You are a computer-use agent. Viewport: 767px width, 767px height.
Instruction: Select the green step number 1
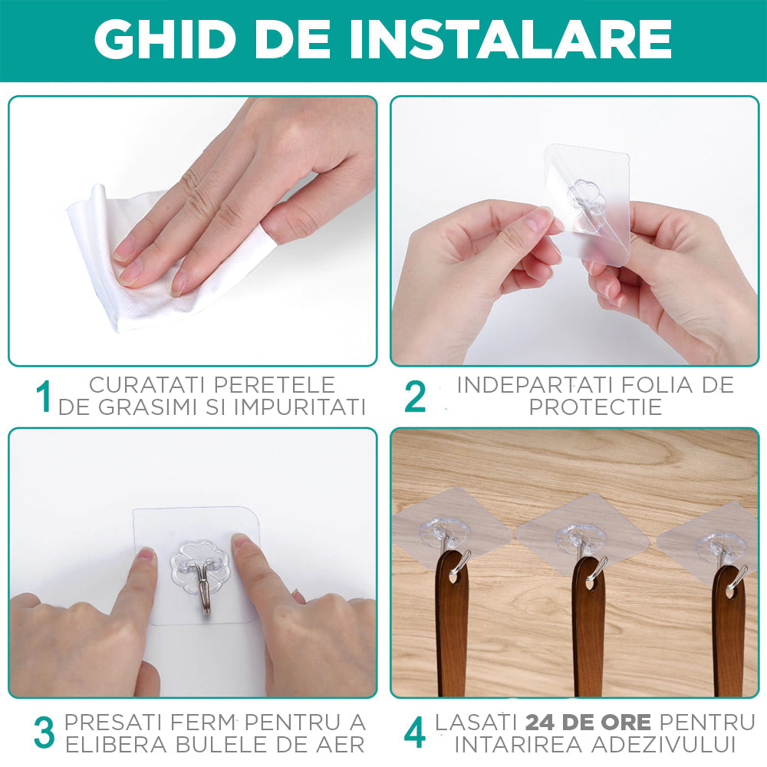44,397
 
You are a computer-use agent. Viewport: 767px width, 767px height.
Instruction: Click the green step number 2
414,397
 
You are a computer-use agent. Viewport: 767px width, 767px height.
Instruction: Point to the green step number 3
44,732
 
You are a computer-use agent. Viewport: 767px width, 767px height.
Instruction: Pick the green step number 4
414,732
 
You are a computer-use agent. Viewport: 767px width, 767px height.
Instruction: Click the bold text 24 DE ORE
588,722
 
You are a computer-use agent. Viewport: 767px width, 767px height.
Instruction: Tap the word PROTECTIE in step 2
595,407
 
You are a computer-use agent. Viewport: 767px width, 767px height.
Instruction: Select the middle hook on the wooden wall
582,546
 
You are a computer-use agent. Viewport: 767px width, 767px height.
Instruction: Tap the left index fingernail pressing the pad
143,555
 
